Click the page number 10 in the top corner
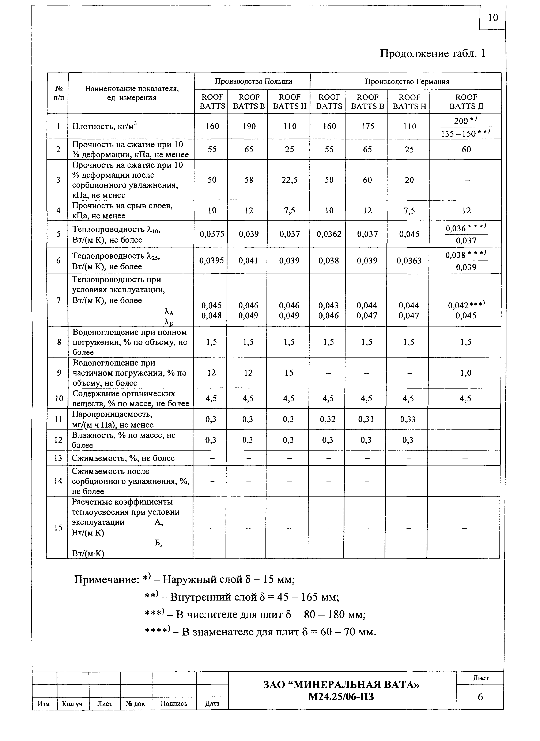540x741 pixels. coord(493,18)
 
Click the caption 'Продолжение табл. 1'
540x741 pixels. coord(432,53)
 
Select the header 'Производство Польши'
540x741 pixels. coord(253,81)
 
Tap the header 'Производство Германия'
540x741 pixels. coord(407,81)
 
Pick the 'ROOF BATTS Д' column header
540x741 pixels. coord(466,102)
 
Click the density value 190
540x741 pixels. coord(249,126)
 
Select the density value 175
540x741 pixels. coord(367,126)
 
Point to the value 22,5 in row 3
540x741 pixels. coord(290,180)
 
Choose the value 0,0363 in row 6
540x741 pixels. coord(409,261)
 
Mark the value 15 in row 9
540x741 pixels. coord(289,373)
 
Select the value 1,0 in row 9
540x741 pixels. coord(466,373)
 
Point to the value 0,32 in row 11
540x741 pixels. coord(328,419)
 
